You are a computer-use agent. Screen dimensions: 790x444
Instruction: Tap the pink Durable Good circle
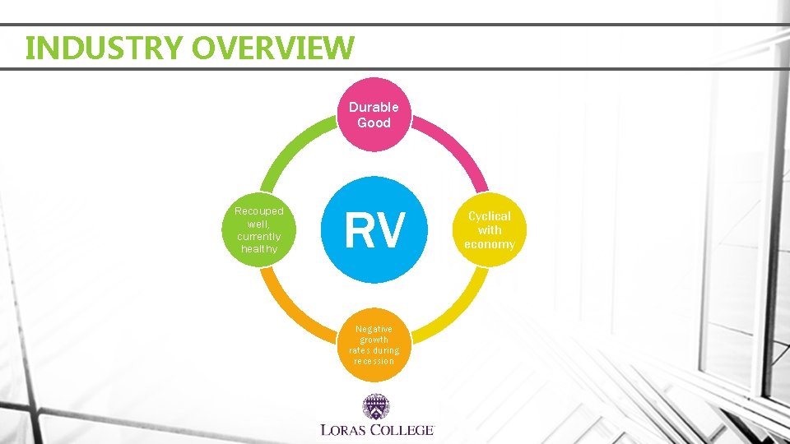point(374,114)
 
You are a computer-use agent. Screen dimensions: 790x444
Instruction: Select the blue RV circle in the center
point(374,229)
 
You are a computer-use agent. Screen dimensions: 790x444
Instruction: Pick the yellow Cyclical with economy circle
point(490,229)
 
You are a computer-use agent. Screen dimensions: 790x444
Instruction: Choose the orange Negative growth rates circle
point(374,345)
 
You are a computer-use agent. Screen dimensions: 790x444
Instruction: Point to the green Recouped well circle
point(259,230)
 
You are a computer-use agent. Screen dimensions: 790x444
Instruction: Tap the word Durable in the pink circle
point(374,107)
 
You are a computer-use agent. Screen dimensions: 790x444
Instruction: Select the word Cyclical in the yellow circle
point(490,215)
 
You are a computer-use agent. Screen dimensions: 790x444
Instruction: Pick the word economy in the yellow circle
point(490,244)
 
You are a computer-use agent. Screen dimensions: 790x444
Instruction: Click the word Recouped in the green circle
point(259,211)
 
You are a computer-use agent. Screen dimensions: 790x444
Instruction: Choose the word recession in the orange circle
point(374,361)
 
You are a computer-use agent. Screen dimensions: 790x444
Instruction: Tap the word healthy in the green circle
point(259,248)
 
